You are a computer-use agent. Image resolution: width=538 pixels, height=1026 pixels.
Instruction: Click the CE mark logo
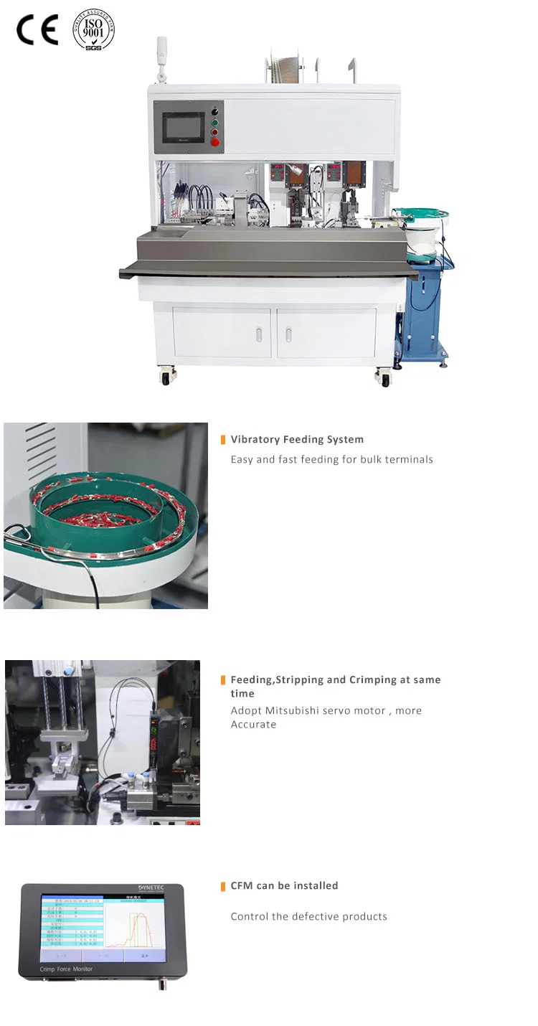pos(37,30)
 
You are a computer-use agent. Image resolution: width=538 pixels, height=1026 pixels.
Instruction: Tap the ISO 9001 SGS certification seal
pos(93,29)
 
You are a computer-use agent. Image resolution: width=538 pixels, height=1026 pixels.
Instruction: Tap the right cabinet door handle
pos(288,334)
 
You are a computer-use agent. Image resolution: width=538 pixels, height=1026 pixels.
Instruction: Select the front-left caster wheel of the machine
pos(166,377)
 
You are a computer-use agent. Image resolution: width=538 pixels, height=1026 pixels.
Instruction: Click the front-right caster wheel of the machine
pos(385,378)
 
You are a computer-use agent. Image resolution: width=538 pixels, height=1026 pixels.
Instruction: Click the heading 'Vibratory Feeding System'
pos(297,440)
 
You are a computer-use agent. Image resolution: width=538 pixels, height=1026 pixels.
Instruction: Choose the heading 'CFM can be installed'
pos(284,886)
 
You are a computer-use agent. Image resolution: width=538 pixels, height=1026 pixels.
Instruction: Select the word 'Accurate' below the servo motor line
pos(253,725)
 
